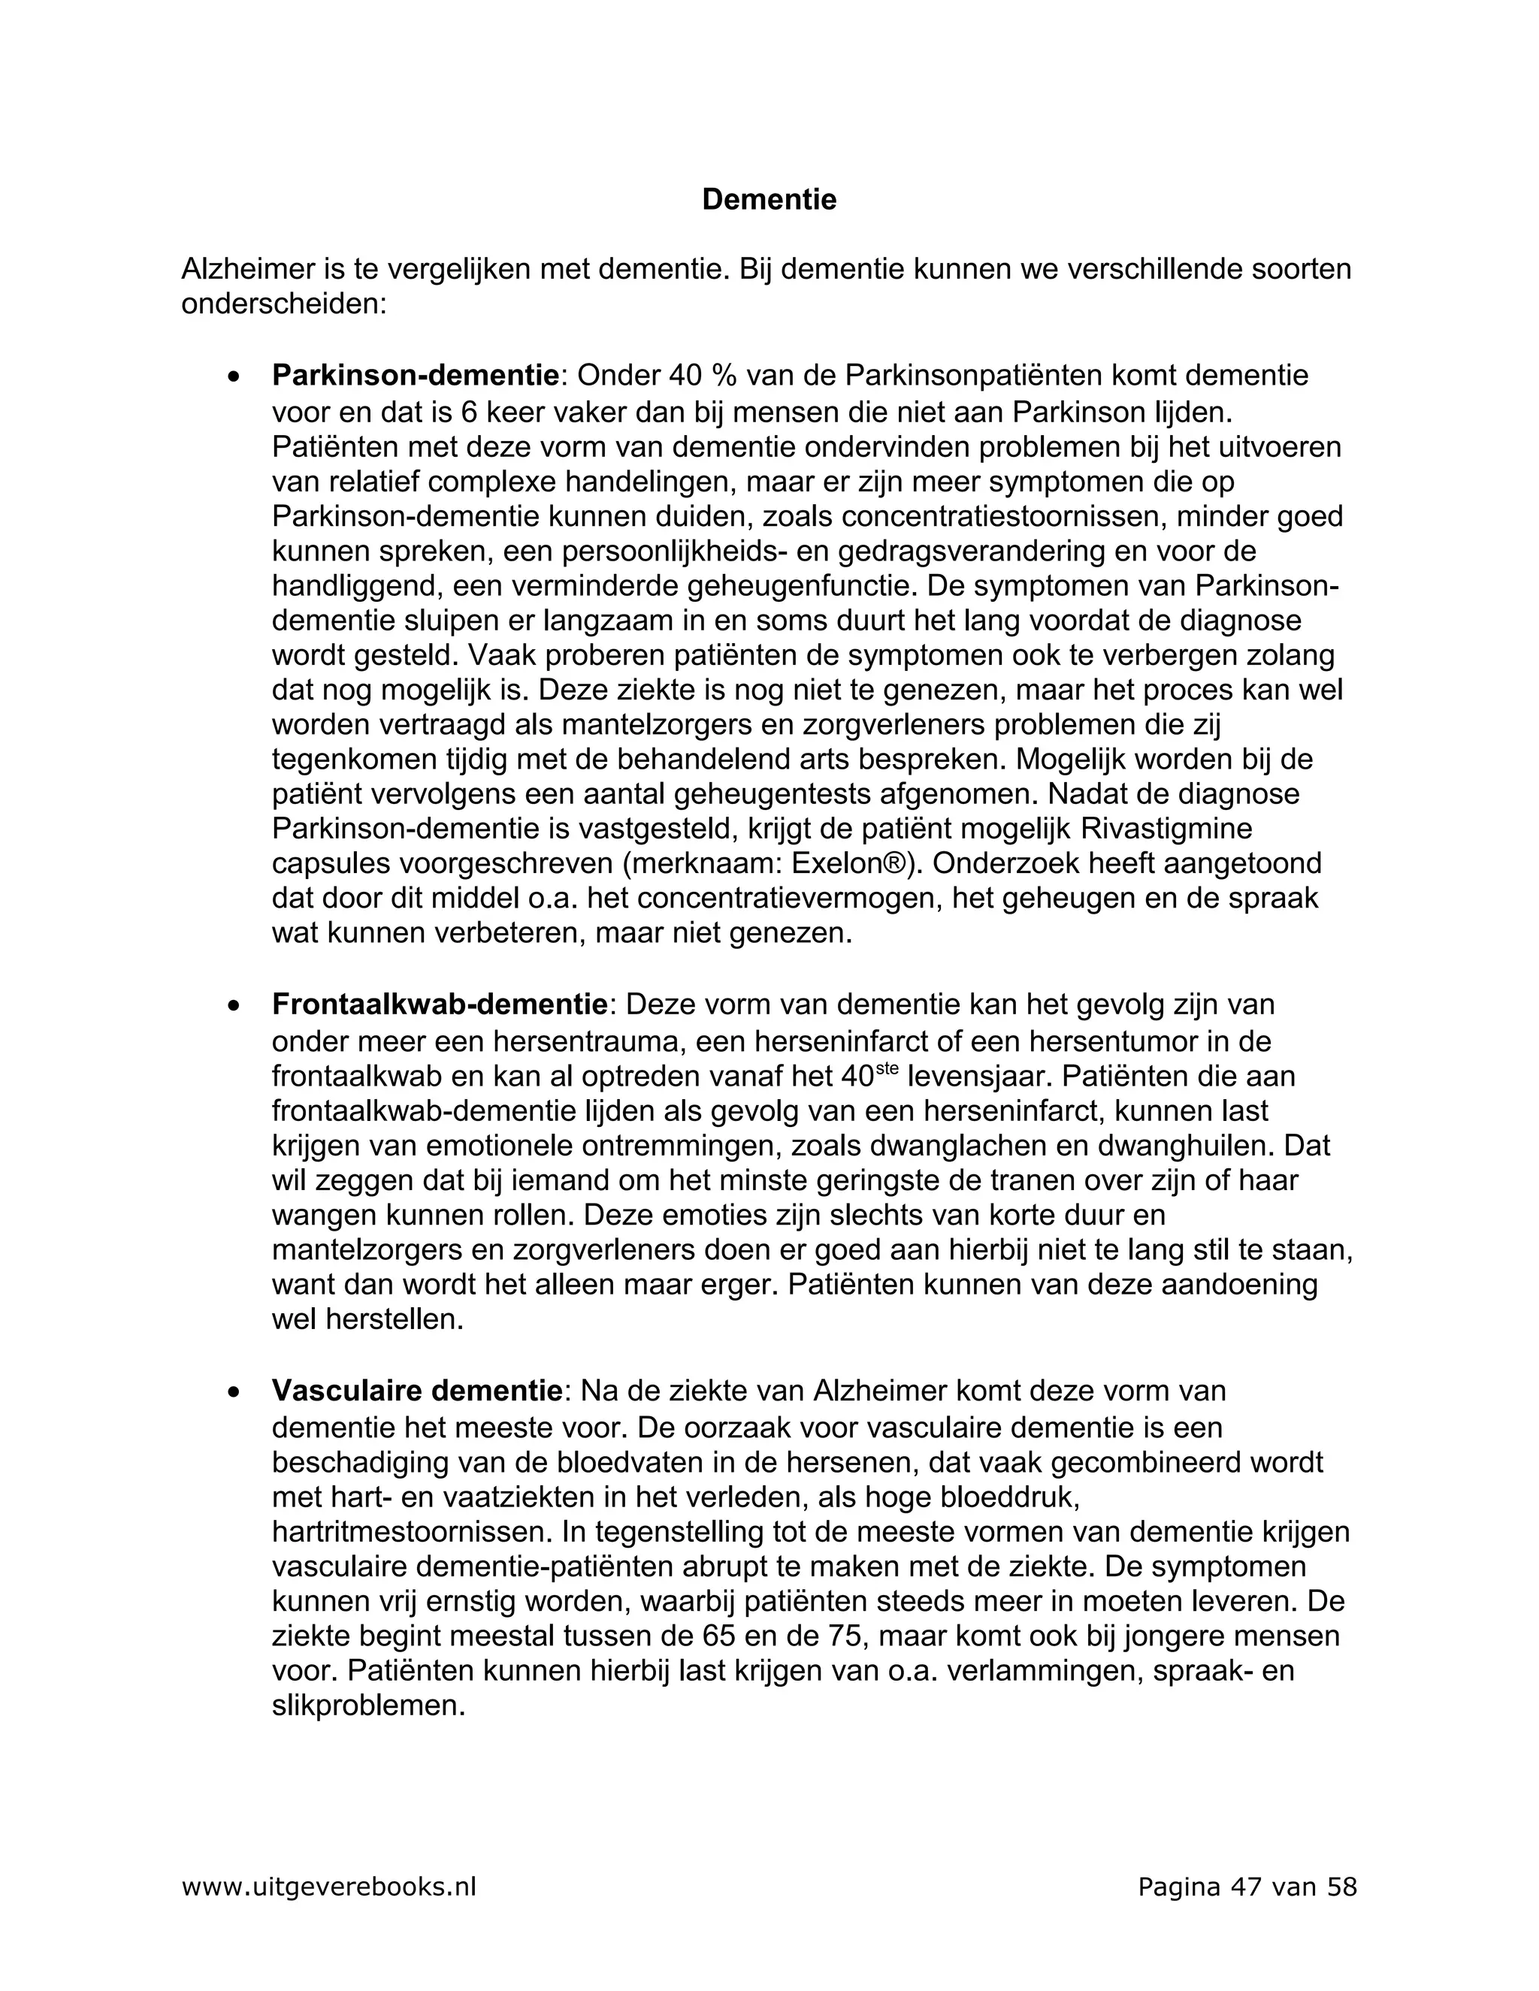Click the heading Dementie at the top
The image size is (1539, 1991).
coord(769,200)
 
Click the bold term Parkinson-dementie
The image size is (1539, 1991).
coord(415,375)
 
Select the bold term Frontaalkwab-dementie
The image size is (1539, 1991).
coord(440,1005)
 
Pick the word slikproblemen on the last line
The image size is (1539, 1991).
coord(368,1705)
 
